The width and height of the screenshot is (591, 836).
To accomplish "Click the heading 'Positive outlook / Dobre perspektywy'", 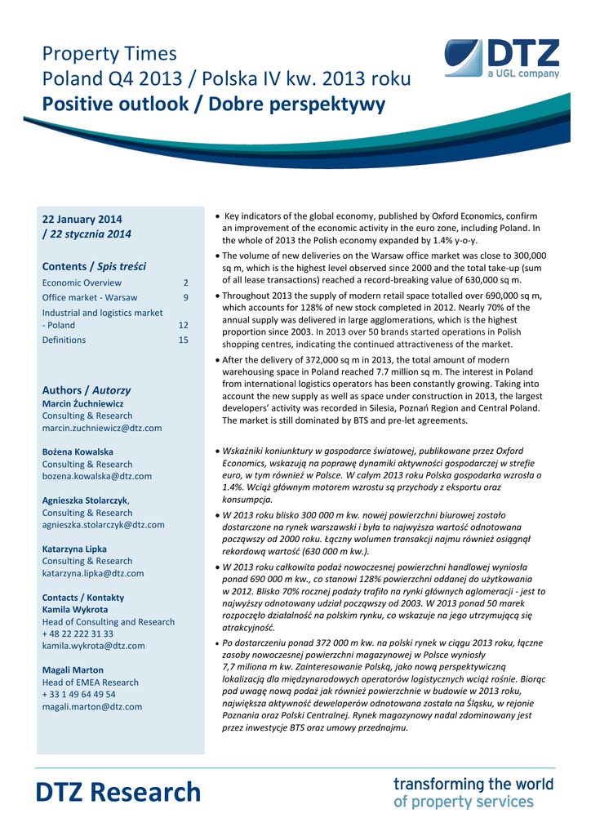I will coord(214,104).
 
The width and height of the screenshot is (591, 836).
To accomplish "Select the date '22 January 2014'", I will coord(82,220).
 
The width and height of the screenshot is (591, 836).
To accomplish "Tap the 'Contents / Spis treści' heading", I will coord(94,266).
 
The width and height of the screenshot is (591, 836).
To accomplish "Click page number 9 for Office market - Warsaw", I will coord(185,297).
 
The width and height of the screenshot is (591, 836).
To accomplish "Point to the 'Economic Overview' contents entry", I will coord(82,282).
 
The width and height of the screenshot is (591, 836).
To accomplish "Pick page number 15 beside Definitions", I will coord(183,340).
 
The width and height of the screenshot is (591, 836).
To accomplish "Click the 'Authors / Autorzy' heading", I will coord(87,390).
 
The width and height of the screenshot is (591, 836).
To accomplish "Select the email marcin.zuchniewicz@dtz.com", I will coord(102,428).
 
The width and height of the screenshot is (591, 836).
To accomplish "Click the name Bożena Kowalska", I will coord(78,451).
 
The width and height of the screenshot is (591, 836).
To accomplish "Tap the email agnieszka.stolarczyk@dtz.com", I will coord(104,525).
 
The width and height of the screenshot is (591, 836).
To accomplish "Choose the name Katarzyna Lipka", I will coord(74,549).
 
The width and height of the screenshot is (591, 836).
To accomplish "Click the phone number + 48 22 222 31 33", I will coord(78,634).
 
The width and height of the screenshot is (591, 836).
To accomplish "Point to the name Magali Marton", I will coord(73,670).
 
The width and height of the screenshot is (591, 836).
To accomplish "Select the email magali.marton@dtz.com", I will coord(92,706).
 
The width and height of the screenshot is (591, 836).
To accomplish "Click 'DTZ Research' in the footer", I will coord(118,792).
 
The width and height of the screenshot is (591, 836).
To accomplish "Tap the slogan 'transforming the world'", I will coord(473,784).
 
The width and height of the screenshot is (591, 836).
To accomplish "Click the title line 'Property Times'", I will coord(109,54).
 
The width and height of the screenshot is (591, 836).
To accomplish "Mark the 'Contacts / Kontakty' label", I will coord(83,598).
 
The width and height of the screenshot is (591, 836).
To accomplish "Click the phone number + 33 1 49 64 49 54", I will coord(78,694).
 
